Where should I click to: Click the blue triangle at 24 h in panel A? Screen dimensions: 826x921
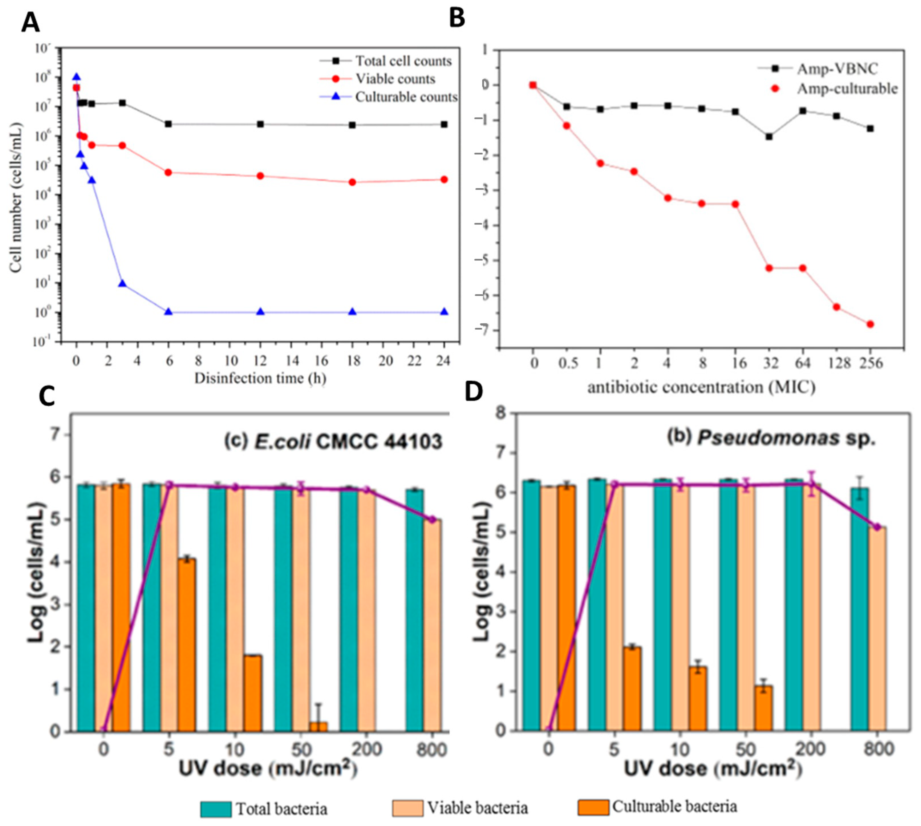(x=444, y=312)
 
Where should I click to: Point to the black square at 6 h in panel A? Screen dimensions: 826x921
(x=168, y=124)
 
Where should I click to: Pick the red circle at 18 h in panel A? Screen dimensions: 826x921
(x=352, y=182)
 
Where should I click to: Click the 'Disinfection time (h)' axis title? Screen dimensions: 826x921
(x=260, y=378)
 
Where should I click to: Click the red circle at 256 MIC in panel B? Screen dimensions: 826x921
(x=870, y=324)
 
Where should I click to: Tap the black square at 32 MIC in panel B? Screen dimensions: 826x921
(x=769, y=137)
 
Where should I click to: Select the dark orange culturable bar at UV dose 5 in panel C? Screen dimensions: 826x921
(x=186, y=645)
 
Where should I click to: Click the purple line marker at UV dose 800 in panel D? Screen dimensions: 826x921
(x=877, y=527)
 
